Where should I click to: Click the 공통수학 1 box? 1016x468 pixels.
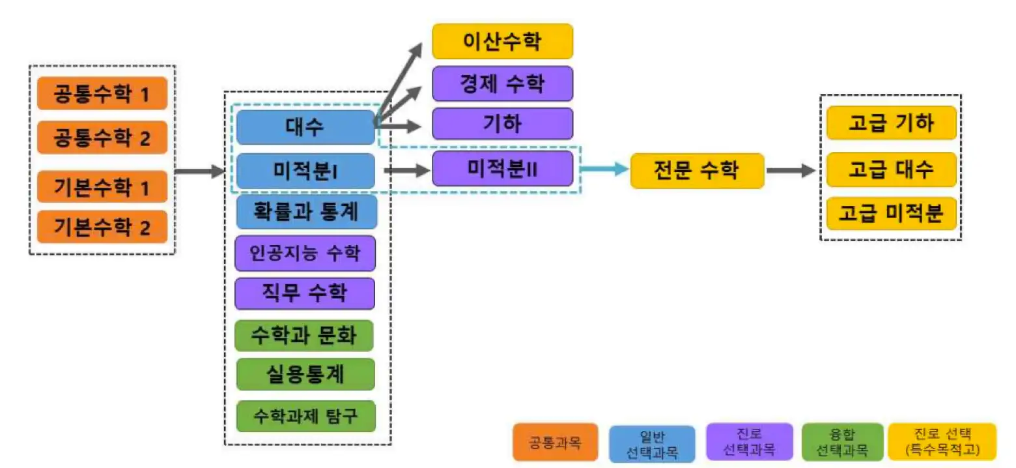click(x=102, y=93)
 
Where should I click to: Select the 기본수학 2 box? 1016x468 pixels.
click(x=102, y=227)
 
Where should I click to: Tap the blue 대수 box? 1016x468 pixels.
click(x=305, y=127)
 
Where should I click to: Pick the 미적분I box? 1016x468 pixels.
click(x=305, y=171)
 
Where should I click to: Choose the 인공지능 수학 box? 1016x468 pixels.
click(x=305, y=252)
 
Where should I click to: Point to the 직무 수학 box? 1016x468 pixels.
click(x=305, y=293)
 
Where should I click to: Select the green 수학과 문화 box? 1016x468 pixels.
click(x=305, y=336)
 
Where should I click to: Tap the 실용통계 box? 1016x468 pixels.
click(x=305, y=375)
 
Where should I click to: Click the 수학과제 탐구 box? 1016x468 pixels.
click(x=305, y=415)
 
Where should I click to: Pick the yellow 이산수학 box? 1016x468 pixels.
click(x=502, y=41)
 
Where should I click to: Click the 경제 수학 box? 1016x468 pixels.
click(x=502, y=83)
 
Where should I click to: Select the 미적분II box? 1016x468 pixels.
click(x=502, y=169)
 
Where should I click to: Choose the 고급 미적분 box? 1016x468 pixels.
click(x=891, y=213)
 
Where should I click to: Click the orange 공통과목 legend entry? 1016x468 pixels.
click(x=555, y=442)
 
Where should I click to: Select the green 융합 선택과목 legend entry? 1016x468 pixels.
click(x=843, y=442)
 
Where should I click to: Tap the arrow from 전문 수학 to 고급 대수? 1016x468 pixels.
click(x=790, y=171)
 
